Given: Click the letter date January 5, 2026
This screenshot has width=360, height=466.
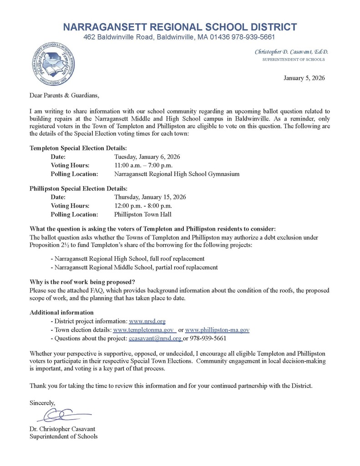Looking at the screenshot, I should tap(304, 78).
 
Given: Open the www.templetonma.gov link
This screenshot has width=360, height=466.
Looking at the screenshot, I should tap(144, 330).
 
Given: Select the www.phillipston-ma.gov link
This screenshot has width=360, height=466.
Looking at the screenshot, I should tap(217, 330).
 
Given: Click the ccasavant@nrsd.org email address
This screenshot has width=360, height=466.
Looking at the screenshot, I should tap(155, 339).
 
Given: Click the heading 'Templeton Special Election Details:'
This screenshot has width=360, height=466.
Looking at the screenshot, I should tap(78, 148).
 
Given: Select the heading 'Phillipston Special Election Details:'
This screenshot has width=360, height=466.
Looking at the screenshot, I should tap(79, 188).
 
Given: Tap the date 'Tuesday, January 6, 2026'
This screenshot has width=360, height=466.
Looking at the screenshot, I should tap(147, 157).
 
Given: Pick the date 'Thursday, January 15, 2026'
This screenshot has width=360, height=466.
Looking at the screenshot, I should tap(150, 197).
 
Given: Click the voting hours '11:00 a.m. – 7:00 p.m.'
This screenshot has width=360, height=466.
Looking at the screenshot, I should tap(143, 165).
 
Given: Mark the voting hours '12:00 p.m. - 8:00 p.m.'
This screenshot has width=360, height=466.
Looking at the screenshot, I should tap(143, 206).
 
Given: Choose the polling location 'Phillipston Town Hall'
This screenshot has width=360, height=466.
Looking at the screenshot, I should tap(143, 214).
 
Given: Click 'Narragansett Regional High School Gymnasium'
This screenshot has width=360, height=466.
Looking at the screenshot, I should tap(177, 174).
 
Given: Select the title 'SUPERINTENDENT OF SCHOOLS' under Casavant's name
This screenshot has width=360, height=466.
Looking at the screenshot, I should tap(294, 60).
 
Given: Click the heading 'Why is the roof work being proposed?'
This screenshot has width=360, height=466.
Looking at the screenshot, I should tap(82, 282).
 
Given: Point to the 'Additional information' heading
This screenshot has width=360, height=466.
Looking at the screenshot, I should tap(61, 313).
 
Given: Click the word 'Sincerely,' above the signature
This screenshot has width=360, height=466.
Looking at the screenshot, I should tap(42, 403).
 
